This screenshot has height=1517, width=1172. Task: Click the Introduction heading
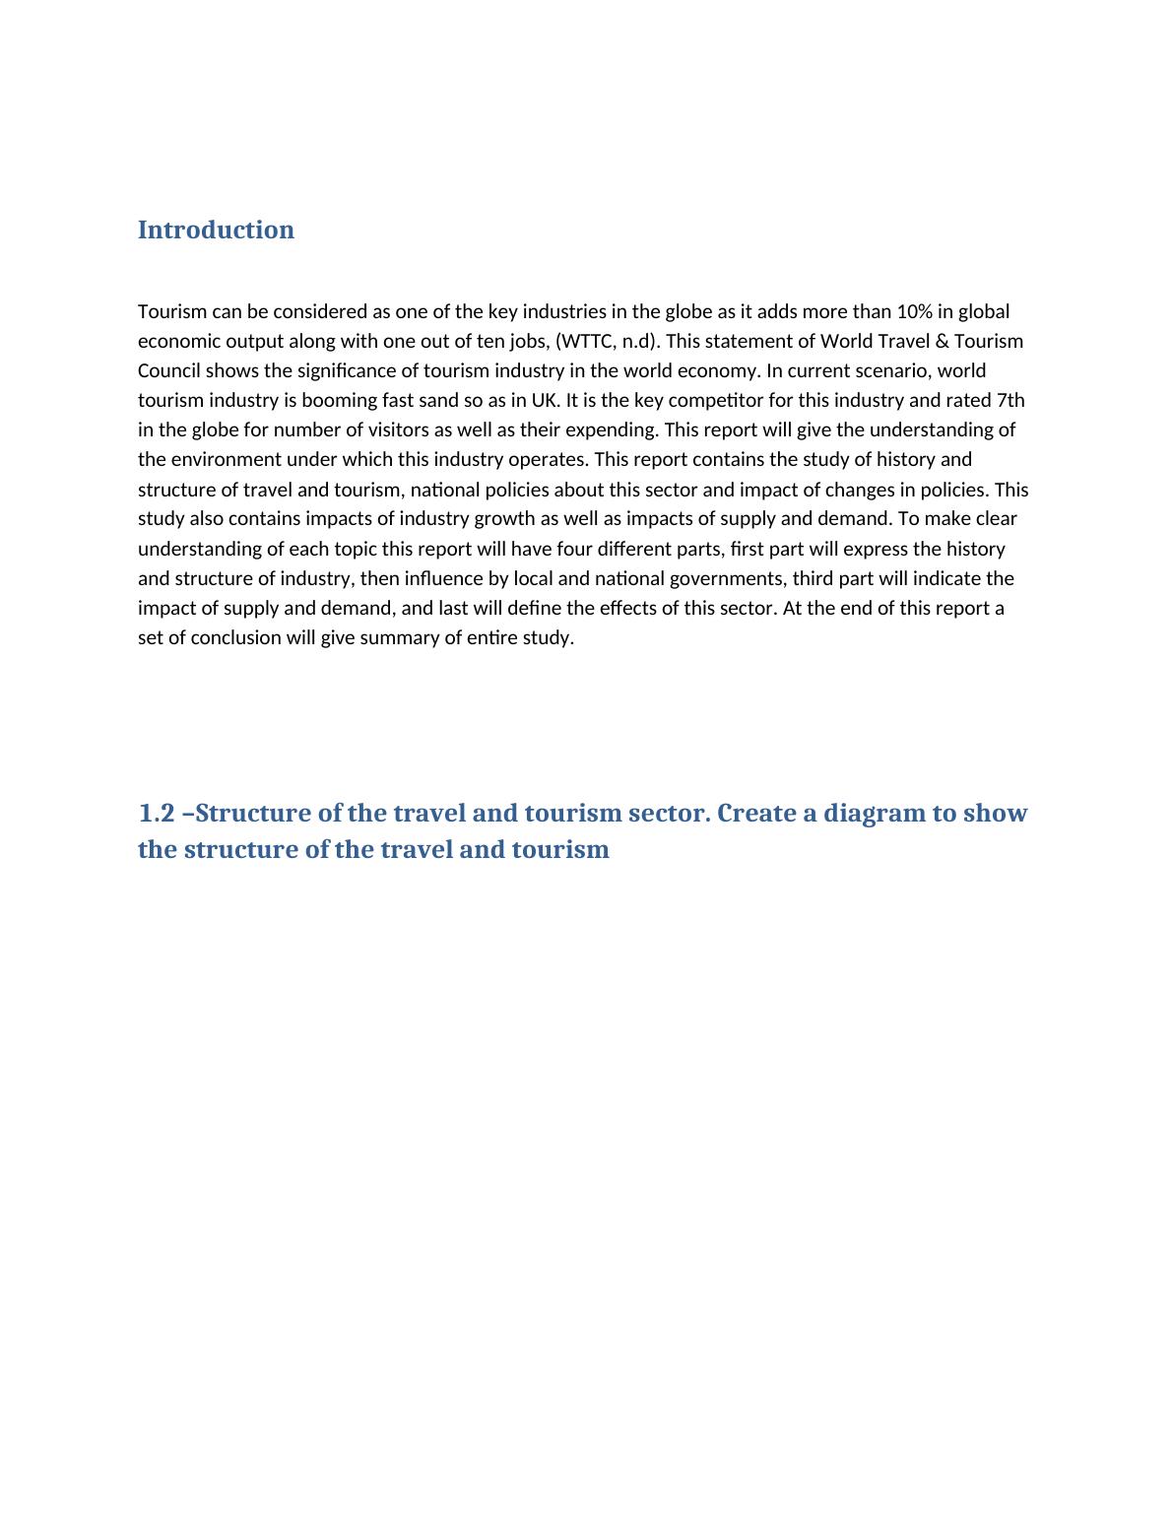(216, 230)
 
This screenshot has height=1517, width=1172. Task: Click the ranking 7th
(1010, 400)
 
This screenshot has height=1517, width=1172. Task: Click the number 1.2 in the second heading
(157, 814)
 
